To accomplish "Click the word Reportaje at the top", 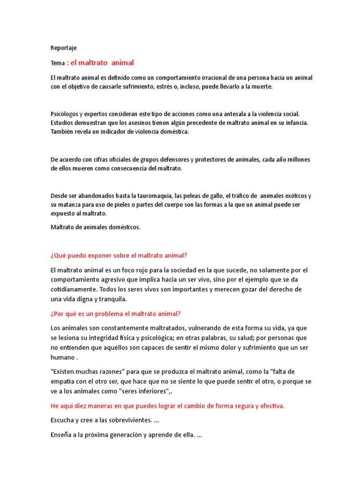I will (64, 48).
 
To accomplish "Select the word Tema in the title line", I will (57, 63).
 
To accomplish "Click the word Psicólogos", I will (66, 114).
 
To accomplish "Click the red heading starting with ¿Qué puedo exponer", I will (118, 256).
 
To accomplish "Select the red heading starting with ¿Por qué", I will (115, 314).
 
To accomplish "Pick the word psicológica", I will (155, 337).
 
